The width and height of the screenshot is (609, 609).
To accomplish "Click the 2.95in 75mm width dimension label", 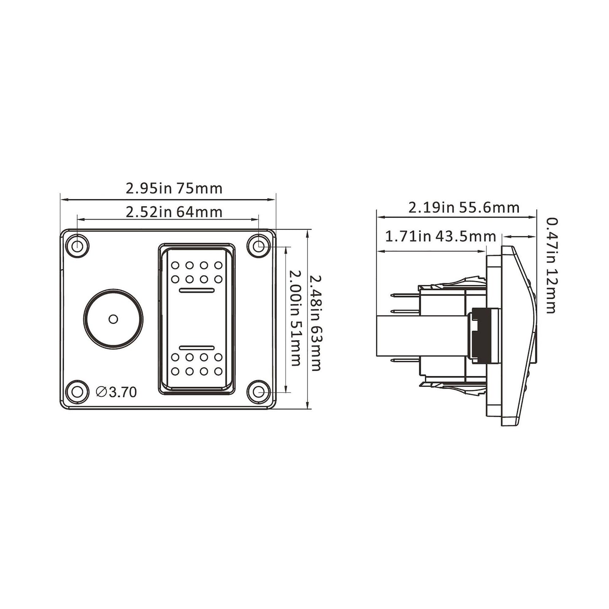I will coord(174,188).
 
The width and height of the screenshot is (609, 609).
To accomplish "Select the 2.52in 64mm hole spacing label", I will coord(174,212).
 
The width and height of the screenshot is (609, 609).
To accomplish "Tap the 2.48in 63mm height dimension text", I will coord(315,323).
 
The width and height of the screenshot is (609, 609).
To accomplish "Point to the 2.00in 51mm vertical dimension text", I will coord(295,319).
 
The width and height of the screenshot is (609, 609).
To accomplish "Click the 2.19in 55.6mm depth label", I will coord(464,208).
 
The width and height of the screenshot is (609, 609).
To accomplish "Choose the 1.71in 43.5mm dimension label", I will coord(441,236).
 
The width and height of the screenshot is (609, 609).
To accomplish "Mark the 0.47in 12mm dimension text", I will coord(551,266).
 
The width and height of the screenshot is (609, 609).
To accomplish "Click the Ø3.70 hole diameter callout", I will coord(116,392).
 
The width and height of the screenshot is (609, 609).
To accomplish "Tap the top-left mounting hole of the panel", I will coord(77,245).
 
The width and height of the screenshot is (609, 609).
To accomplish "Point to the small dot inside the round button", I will coord(113,319).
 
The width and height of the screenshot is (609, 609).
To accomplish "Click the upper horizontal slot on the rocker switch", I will coord(197,290).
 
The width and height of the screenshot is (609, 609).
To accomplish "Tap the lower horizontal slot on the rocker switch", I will coord(197,348).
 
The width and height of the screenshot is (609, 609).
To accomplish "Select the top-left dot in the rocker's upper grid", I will coord(175,266).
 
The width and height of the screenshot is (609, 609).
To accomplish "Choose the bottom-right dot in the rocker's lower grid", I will coord(218,371).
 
